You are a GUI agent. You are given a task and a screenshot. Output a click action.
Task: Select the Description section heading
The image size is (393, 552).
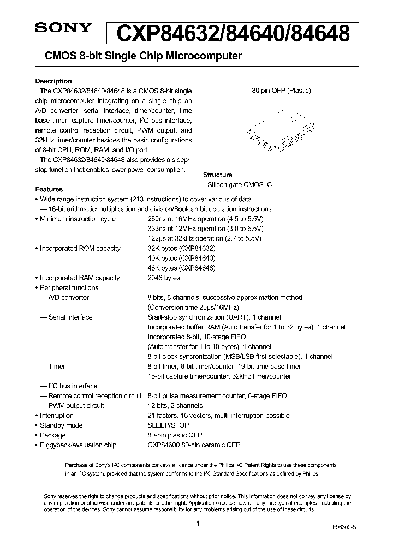tap(53, 81)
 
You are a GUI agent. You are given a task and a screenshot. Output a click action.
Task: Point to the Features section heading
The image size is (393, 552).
tap(49, 189)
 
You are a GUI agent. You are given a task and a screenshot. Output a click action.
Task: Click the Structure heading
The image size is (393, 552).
tap(217, 175)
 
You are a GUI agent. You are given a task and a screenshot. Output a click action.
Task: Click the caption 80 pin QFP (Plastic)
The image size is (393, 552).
tap(281, 91)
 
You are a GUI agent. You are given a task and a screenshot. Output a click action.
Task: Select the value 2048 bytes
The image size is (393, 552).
tap(164, 278)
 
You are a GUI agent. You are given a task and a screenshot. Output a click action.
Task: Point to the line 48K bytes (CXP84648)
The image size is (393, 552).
tap(181, 268)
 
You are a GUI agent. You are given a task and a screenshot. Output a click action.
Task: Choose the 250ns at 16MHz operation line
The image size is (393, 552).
tap(205, 219)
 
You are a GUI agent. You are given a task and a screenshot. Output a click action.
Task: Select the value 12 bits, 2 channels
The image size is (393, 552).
tap(175, 405)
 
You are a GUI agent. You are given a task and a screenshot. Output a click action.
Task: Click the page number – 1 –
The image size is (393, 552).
tap(196, 524)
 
